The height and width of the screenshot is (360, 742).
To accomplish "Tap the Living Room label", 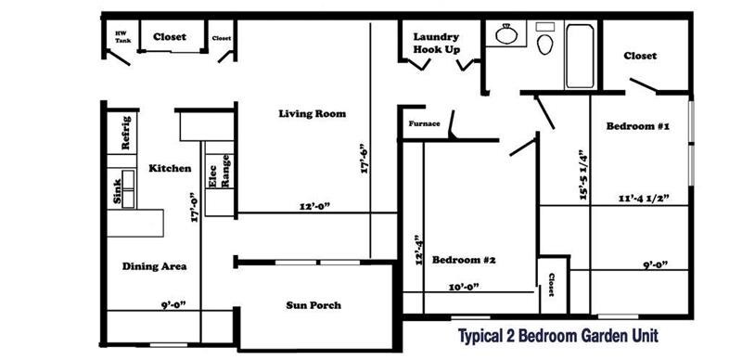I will click(x=313, y=114).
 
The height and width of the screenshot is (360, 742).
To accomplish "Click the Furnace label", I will click(x=424, y=122).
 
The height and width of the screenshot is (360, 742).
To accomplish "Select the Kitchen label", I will click(x=170, y=169).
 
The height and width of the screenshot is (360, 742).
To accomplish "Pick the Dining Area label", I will click(x=155, y=266).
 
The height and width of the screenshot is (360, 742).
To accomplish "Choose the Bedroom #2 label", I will click(x=465, y=260).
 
